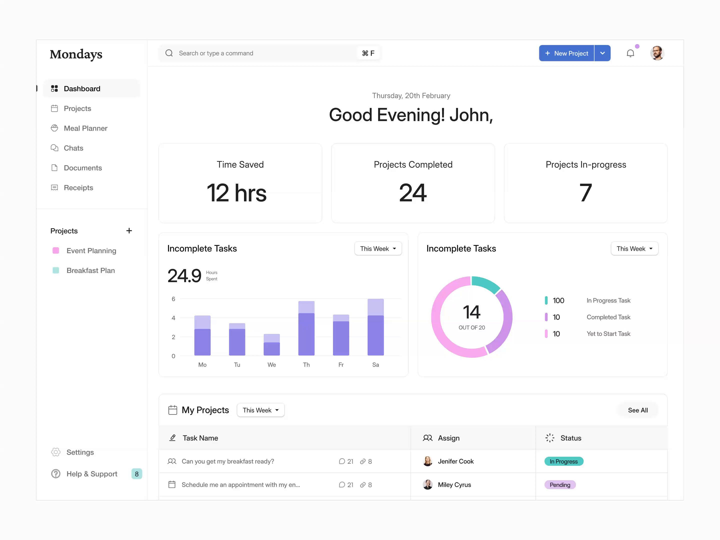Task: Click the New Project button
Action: [x=566, y=53]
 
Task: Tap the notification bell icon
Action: [x=630, y=53]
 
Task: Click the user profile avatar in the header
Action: [x=657, y=53]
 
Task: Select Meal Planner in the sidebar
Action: [x=85, y=128]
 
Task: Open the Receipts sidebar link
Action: [x=78, y=188]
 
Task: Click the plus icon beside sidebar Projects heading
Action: [x=129, y=231]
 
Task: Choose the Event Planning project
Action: [x=91, y=251]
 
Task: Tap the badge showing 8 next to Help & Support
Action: [x=137, y=474]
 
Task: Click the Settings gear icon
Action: [x=56, y=452]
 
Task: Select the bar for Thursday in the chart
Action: [x=306, y=329]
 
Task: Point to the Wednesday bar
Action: [x=271, y=345]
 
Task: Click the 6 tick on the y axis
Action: [x=173, y=299]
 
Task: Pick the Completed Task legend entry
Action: [x=608, y=317]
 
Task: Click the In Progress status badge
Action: [x=563, y=461]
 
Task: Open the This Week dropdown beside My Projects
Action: [x=260, y=410]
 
